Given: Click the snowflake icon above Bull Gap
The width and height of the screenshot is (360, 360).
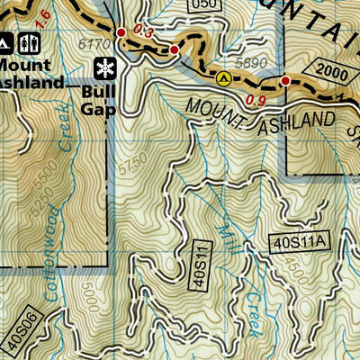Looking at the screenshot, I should pos(105,68).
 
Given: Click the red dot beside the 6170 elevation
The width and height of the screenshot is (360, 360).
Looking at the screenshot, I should pos(121,33).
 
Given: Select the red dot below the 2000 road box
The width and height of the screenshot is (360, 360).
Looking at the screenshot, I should pos(285,81).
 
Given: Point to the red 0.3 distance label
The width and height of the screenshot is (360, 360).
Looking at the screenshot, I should pos(140,31).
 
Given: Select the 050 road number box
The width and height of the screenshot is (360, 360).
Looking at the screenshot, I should pos(206,4).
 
